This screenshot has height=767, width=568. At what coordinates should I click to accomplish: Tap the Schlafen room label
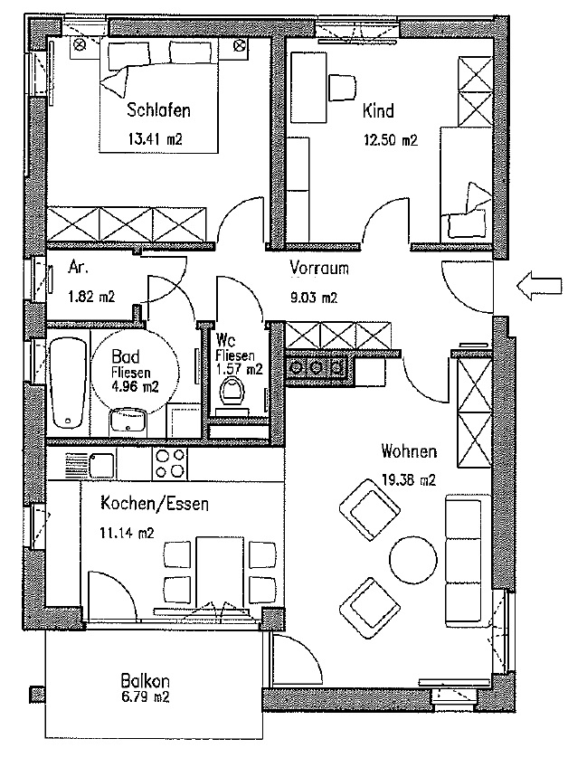point(158,112)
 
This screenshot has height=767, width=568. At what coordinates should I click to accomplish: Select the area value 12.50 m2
point(390,140)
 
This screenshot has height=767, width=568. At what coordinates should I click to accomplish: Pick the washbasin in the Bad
point(128,421)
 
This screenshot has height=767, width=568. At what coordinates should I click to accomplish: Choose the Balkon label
point(145,682)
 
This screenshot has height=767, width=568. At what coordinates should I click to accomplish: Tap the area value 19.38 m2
point(409,480)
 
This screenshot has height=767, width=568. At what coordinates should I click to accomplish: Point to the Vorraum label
point(319,269)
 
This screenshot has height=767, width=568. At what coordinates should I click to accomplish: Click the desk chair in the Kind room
point(342,85)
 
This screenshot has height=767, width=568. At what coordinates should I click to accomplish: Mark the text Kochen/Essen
point(155,505)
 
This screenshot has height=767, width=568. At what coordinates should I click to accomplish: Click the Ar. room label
point(79,269)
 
